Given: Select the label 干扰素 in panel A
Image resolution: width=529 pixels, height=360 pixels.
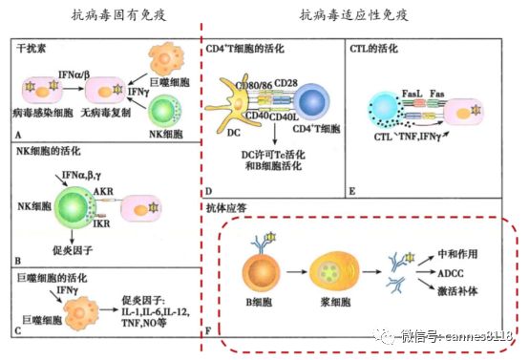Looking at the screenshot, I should [x=33, y=48].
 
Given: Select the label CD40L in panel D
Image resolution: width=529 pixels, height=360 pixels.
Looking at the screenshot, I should [x=280, y=118].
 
